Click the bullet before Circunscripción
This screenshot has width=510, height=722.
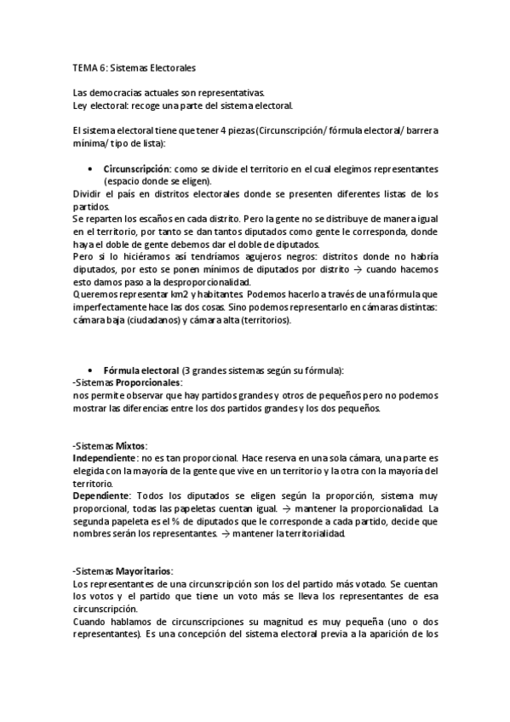click(x=89, y=169)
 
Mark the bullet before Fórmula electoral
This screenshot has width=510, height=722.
click(x=89, y=370)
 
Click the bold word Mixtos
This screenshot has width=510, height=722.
click(x=131, y=445)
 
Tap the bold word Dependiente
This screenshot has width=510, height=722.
click(x=100, y=496)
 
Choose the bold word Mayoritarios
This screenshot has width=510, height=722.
click(x=144, y=570)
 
